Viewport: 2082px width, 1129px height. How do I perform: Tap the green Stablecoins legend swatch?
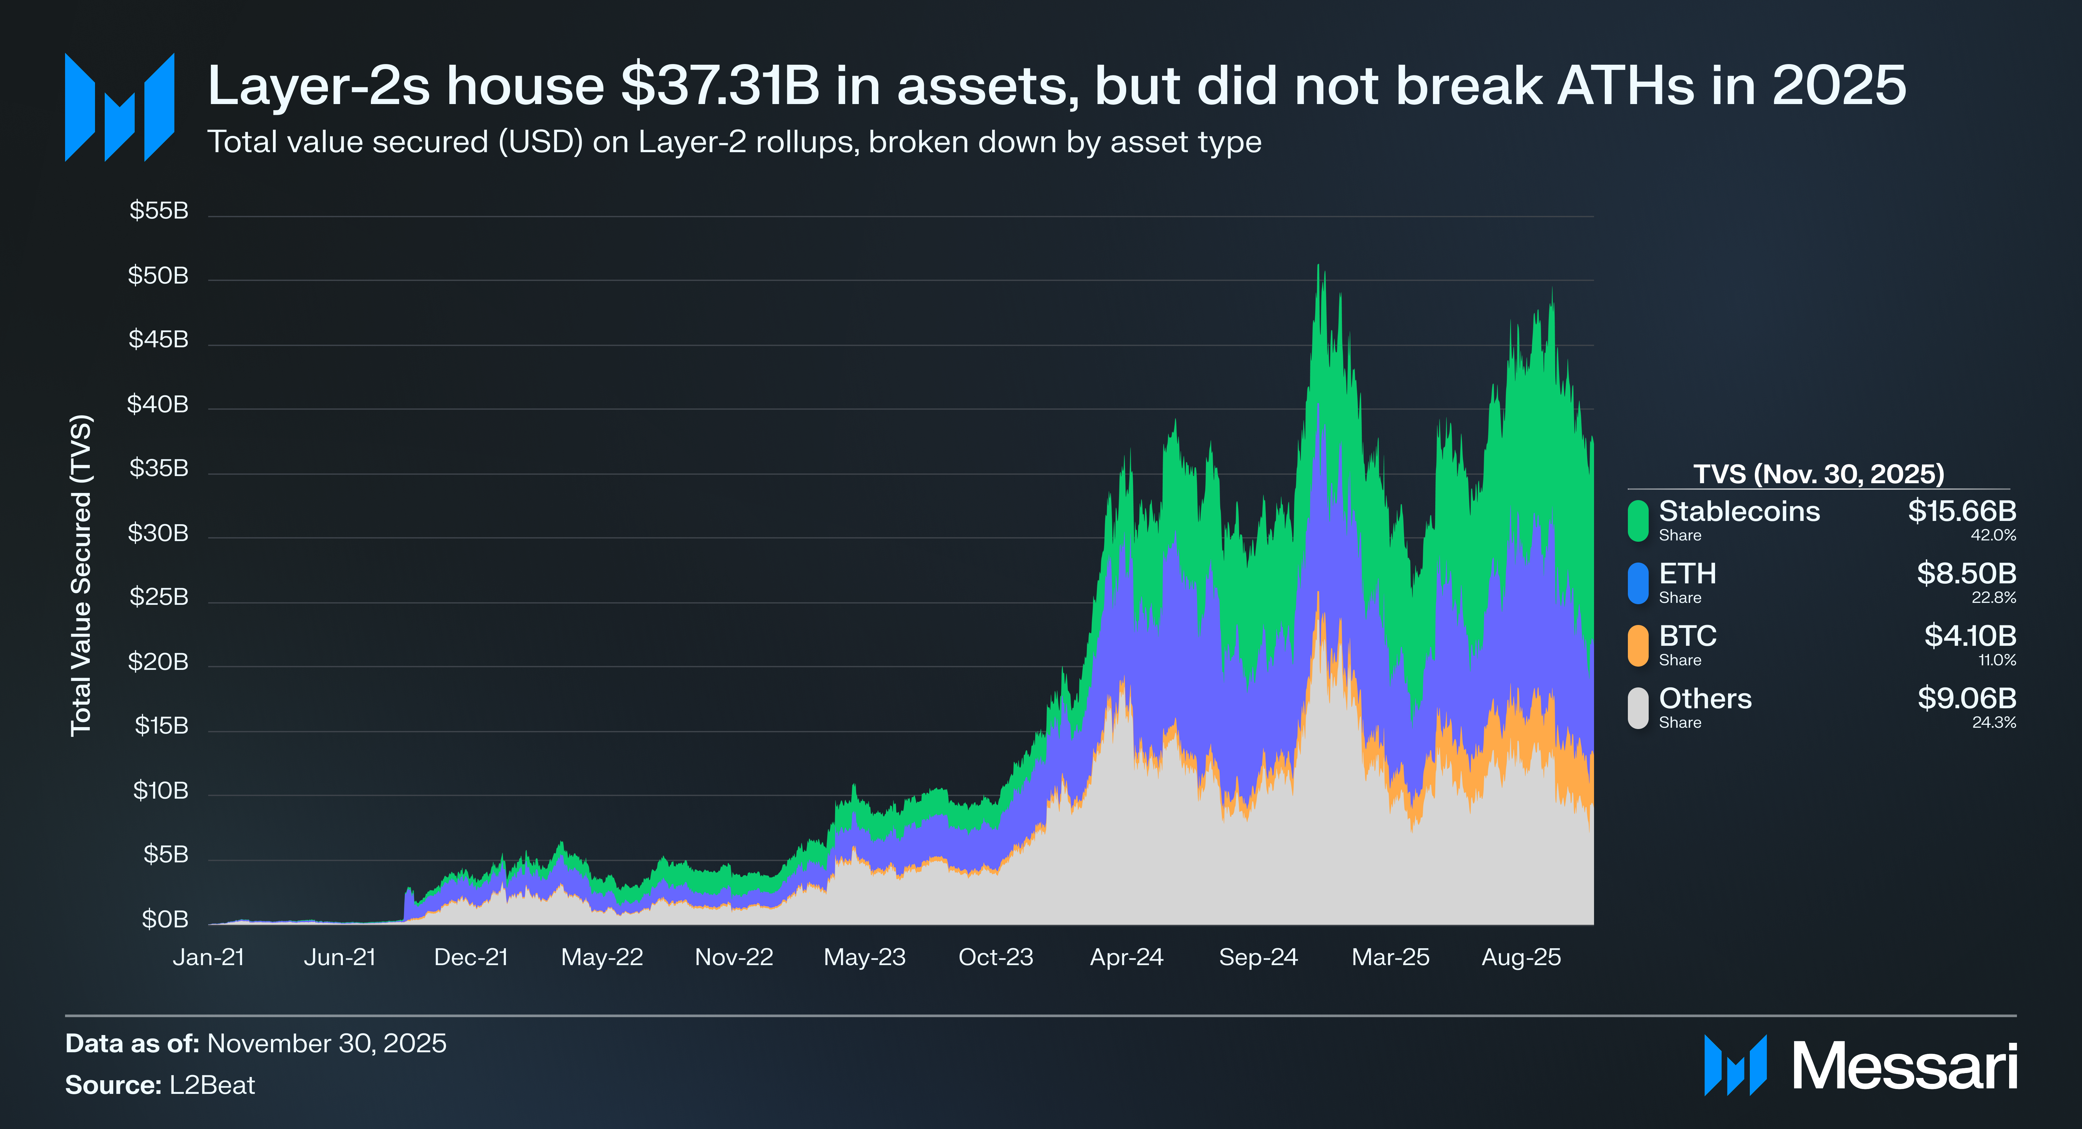[1638, 521]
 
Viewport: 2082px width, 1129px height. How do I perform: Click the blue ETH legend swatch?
[1638, 583]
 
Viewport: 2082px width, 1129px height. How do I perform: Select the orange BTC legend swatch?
[1638, 645]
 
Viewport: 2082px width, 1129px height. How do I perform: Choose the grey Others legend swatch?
[1638, 708]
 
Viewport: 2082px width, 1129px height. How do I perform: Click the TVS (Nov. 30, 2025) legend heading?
[1818, 473]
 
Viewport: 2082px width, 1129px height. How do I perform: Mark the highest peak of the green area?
[1318, 267]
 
